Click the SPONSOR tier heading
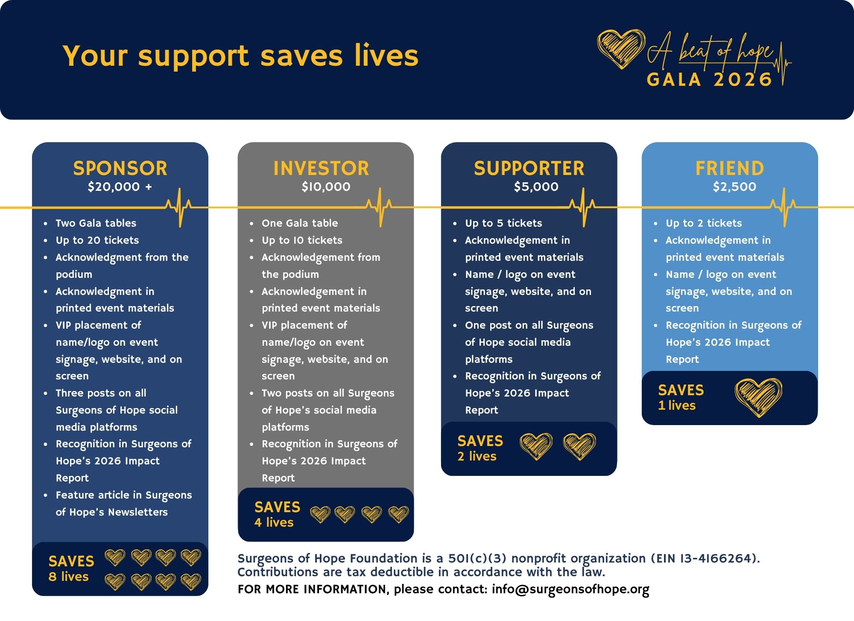120,168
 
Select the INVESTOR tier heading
321,168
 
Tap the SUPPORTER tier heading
529,168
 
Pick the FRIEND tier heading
730,168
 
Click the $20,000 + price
120,187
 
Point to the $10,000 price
326,187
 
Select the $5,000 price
536,187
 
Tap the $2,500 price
734,187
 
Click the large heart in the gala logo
621,49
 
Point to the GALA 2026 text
710,79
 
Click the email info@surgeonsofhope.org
570,589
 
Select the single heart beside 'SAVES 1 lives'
758,398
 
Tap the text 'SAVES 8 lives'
71,569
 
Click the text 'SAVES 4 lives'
277,514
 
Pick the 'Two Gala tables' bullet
96,223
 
